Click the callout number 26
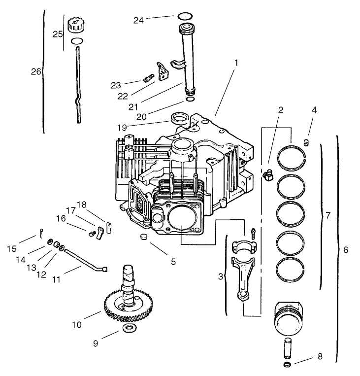coord(36,71)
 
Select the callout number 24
coord(139,20)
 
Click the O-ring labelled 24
coord(184,16)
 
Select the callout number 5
coord(173,262)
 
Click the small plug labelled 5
coord(144,238)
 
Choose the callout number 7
coord(328,216)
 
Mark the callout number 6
coord(346,250)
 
